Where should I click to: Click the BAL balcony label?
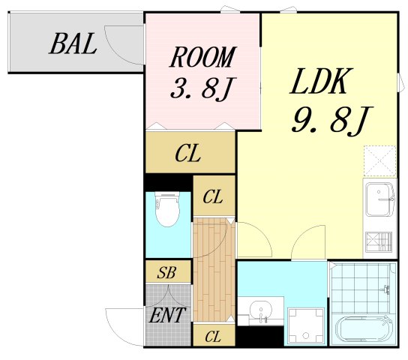pyautogui.click(x=73, y=43)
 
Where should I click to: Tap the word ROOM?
pyautogui.click(x=202, y=57)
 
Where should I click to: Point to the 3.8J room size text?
pyautogui.click(x=203, y=88)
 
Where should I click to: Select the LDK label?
pyautogui.click(x=321, y=81)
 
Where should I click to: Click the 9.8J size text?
pyautogui.click(x=332, y=121)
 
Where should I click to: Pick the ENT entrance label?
pyautogui.click(x=167, y=315)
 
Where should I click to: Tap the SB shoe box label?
pyautogui.click(x=166, y=272)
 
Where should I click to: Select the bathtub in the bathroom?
pyautogui.click(x=364, y=329)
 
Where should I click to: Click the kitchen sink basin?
pyautogui.click(x=379, y=199)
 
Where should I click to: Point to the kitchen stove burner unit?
pyautogui.click(x=379, y=242)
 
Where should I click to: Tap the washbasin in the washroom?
pyautogui.click(x=260, y=311)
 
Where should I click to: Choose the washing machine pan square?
pyautogui.click(x=306, y=325)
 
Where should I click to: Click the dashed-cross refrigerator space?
pyautogui.click(x=379, y=161)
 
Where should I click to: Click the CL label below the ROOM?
pyautogui.click(x=187, y=154)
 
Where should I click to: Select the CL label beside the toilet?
pyautogui.click(x=213, y=196)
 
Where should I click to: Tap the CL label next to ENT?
pyautogui.click(x=213, y=337)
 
